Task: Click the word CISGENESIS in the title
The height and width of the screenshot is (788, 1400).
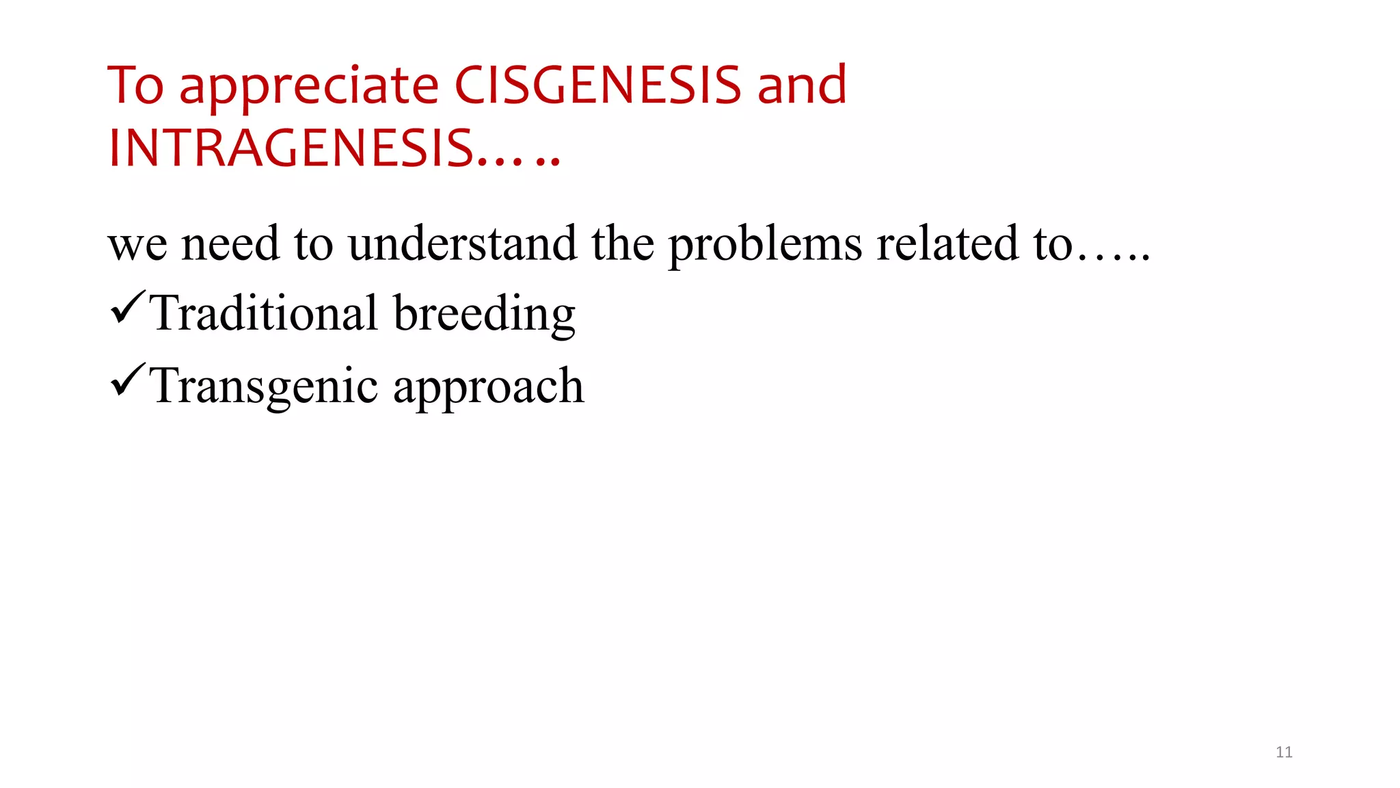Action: point(597,86)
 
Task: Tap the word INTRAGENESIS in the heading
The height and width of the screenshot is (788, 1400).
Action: point(291,148)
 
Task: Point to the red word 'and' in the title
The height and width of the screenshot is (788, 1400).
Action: point(802,86)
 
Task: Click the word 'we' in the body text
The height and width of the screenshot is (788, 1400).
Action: point(137,245)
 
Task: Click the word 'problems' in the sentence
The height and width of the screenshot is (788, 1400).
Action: point(764,245)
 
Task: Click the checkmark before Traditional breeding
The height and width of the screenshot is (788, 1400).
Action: point(126,307)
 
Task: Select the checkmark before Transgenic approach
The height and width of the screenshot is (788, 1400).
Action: point(126,380)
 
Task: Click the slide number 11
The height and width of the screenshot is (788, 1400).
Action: point(1284,752)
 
